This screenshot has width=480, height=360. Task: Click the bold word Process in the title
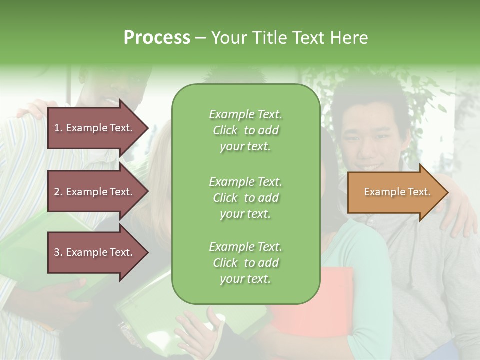[157, 38]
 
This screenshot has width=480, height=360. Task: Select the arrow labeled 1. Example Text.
[95, 128]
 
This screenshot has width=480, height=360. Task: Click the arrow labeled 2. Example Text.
[95, 192]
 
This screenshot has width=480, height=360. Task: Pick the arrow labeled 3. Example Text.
[95, 252]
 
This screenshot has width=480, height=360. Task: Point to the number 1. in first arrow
[58, 128]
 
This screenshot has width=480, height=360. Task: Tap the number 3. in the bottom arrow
[58, 252]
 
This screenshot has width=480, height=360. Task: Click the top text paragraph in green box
[245, 130]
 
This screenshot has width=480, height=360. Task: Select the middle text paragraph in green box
[245, 198]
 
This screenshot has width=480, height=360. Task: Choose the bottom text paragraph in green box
[245, 263]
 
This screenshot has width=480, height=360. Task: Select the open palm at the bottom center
[197, 330]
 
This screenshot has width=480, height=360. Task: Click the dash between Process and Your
[201, 38]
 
